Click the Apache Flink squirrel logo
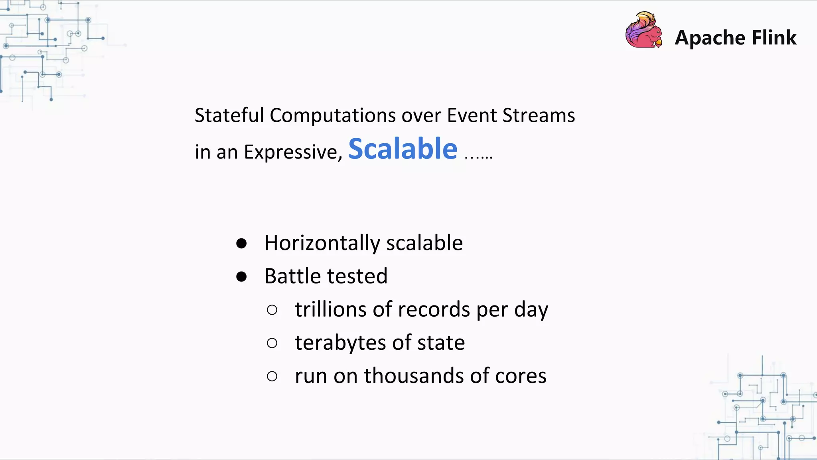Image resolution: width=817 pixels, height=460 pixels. tap(643, 30)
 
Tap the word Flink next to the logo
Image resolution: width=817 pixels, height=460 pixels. tap(774, 38)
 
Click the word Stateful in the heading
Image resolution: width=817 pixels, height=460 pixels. tap(229, 115)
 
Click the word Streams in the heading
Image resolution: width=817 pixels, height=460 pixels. tap(538, 115)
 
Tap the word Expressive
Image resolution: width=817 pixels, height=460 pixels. tap(292, 153)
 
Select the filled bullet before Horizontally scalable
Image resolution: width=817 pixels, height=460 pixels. tap(241, 243)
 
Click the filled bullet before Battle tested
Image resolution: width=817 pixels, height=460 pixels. tap(241, 276)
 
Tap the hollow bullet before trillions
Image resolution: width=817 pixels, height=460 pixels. tap(272, 310)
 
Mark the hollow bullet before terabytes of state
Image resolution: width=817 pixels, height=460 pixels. tap(272, 343)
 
